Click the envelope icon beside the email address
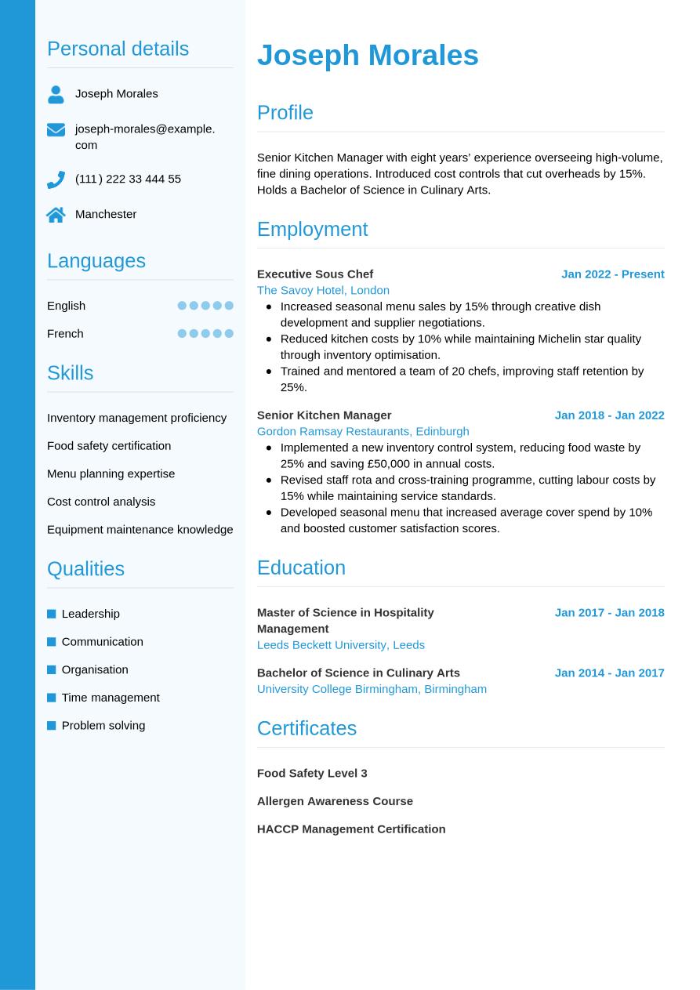[56, 129]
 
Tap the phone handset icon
[56, 180]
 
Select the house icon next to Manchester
[56, 215]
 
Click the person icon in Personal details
[56, 94]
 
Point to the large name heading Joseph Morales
[368, 55]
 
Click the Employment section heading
[312, 229]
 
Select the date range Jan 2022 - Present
[612, 274]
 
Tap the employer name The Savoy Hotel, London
[323, 290]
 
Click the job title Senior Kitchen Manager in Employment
[324, 415]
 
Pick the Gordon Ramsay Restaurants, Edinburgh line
[363, 431]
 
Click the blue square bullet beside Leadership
[52, 614]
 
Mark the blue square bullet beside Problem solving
[52, 726]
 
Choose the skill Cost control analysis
[101, 502]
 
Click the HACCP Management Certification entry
[351, 829]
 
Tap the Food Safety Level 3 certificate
[312, 773]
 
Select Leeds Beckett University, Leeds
[341, 644]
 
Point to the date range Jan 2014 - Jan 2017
[609, 673]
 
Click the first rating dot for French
[182, 333]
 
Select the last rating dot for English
[229, 306]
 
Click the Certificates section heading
[306, 728]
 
